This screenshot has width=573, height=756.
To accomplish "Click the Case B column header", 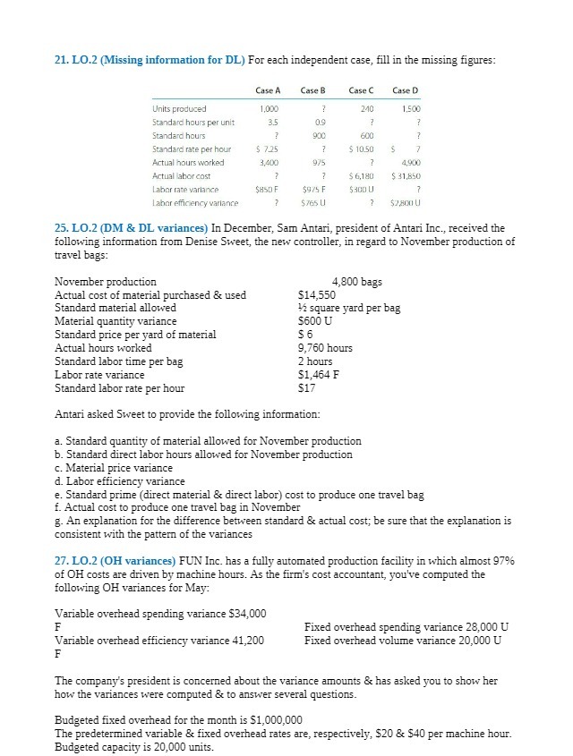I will (312, 90).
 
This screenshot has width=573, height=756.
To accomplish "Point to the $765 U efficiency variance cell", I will (312, 203).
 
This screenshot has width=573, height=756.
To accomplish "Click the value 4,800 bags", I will (356, 282).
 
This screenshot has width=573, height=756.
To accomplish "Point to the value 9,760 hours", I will (325, 348).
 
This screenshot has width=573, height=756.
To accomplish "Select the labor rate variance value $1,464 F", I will (321, 375).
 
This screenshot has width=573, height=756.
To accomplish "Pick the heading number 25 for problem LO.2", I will (61, 229).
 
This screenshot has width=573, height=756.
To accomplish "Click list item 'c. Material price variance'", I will (114, 468).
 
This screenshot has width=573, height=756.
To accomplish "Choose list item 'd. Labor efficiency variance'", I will (120, 481).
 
